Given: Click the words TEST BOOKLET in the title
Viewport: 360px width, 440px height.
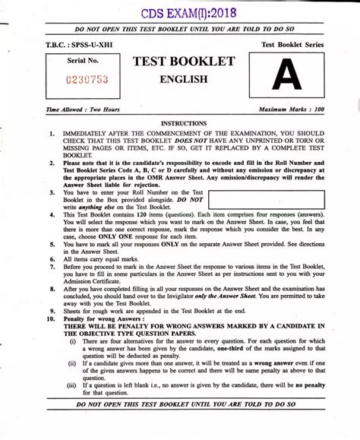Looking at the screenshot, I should click(x=184, y=61).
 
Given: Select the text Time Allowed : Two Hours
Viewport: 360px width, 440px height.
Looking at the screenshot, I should click(x=84, y=110).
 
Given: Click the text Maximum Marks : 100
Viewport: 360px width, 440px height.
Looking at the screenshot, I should click(x=292, y=110).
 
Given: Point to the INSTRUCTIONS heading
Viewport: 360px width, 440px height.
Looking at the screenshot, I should click(x=184, y=123).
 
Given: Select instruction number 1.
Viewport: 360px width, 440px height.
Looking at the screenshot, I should click(x=51, y=133).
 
